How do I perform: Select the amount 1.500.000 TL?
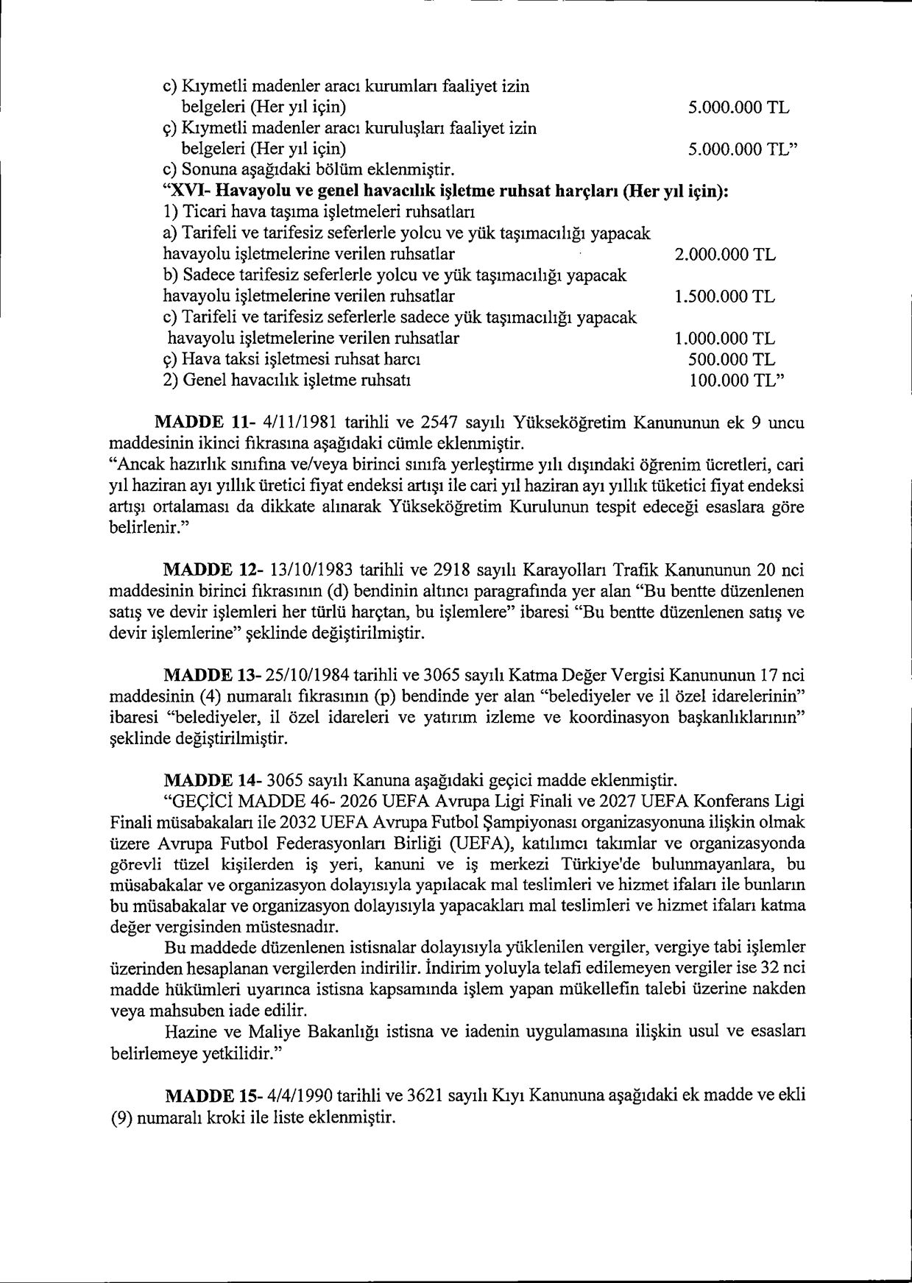tap(724, 297)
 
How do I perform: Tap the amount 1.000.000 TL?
tap(724, 339)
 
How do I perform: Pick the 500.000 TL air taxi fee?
tap(730, 360)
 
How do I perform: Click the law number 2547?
tap(439, 423)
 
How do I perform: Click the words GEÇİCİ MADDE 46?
tap(240, 801)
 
